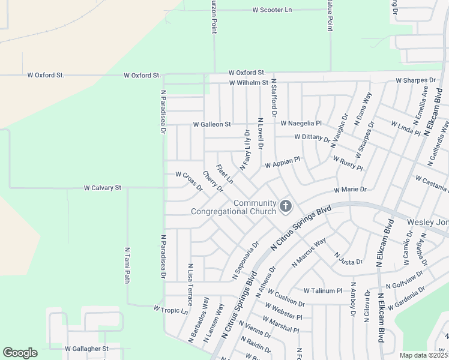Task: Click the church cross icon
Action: (286, 207)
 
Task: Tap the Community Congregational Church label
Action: (234, 207)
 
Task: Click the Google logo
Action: (20, 353)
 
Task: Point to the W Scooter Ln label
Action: (272, 10)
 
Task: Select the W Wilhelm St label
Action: (248, 83)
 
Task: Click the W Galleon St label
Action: (211, 124)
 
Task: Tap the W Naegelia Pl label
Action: (301, 124)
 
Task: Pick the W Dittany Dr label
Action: (312, 137)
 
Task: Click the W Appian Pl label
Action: (282, 163)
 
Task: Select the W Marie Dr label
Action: (350, 190)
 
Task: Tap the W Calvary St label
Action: (103, 188)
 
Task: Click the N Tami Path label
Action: (127, 265)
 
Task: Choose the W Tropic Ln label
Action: (170, 310)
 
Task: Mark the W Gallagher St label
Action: (86, 348)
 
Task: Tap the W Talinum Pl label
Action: (322, 290)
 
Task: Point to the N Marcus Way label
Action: (309, 252)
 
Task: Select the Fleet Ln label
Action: (224, 174)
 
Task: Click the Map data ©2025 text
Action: (423, 355)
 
